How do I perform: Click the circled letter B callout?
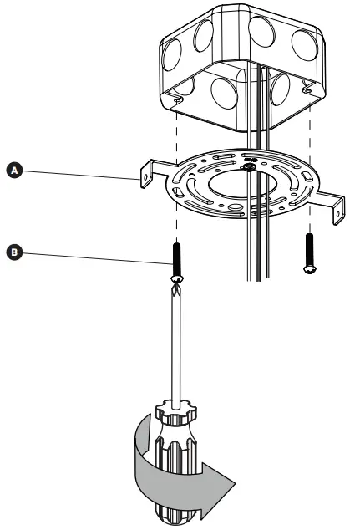pyautogui.click(x=13, y=249)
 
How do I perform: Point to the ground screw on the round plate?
pyautogui.click(x=248, y=167)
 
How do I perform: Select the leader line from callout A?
pyautogui.click(x=75, y=171)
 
